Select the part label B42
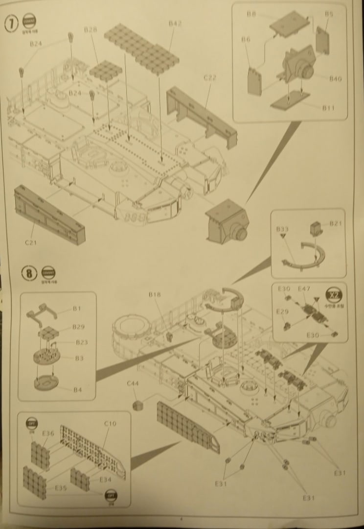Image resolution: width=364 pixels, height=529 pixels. (x=175, y=23)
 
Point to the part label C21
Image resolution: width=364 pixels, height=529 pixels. (x=31, y=242)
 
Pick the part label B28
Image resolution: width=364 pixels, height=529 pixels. (x=91, y=30)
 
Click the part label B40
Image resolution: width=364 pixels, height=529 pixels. (x=336, y=78)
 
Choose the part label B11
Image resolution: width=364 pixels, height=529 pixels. (x=329, y=108)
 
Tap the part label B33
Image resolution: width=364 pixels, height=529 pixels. (x=282, y=229)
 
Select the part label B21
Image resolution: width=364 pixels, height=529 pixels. (x=336, y=223)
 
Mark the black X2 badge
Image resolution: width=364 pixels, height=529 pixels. (x=336, y=296)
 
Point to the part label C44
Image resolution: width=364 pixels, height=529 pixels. (x=132, y=384)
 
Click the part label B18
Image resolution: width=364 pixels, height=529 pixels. (x=155, y=295)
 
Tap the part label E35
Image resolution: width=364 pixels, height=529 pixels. (x=61, y=488)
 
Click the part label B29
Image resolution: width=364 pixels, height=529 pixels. (x=78, y=327)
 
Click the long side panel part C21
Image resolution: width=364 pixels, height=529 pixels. (x=49, y=208)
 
